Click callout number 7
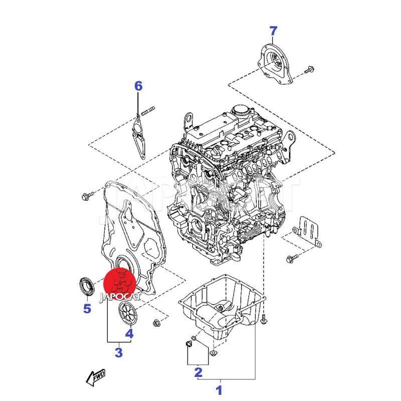click(x=273, y=31)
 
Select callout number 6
click(x=138, y=86)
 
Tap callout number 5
click(x=87, y=308)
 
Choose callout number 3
click(x=119, y=352)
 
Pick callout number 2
click(x=198, y=372)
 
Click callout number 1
click(x=219, y=389)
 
